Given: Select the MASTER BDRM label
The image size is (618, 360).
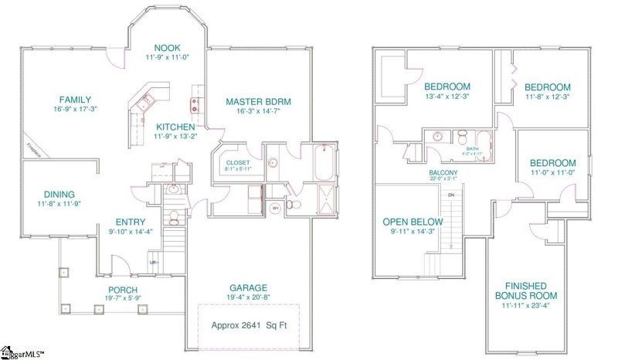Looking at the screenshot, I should click(x=258, y=101).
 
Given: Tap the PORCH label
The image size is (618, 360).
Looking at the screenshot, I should click(x=123, y=289).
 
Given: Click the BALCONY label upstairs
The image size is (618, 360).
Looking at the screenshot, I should click(x=443, y=172).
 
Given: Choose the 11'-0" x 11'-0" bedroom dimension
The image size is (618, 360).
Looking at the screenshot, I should click(x=552, y=174).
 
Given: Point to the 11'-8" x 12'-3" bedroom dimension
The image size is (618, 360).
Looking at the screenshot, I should click(x=547, y=97).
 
